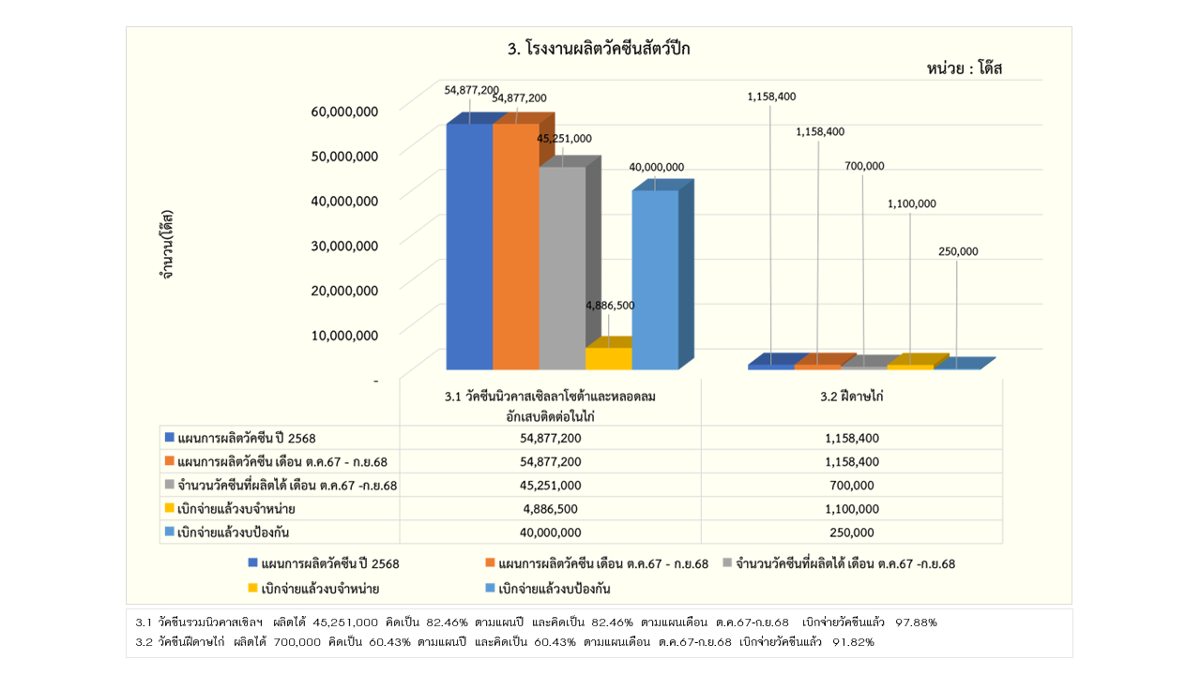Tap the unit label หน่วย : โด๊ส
point(965,68)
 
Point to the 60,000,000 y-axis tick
point(344,111)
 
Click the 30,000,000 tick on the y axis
point(344,246)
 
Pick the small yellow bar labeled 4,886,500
point(608,358)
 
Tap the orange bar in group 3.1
point(515,246)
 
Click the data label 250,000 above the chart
point(957,251)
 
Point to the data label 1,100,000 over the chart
point(911,203)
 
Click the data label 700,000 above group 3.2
point(864,166)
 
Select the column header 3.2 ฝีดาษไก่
point(852,397)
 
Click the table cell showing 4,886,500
point(550,508)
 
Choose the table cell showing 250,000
point(852,532)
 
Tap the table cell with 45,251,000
point(550,485)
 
